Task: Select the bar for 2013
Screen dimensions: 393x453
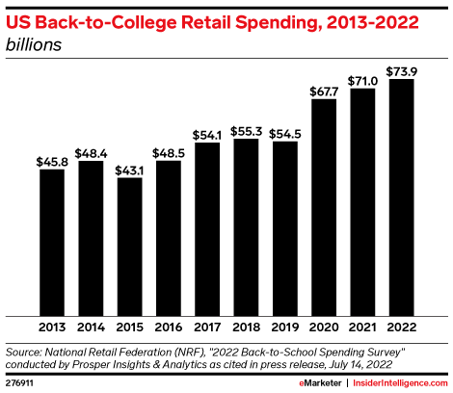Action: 52,241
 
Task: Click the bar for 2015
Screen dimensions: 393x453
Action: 130,246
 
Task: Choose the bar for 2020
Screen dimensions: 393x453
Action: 324,206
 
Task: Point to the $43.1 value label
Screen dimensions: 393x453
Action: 130,169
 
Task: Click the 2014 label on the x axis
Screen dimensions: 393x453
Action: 91,326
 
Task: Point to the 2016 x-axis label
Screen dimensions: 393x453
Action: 169,326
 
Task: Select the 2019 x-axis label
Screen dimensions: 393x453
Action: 285,326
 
